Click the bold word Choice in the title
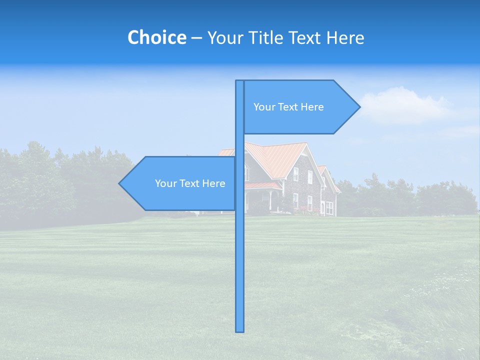[156, 37]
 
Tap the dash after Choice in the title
[196, 38]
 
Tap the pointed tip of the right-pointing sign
[358, 106]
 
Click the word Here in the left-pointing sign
[214, 183]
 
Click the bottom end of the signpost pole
[240, 330]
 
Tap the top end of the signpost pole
[240, 81]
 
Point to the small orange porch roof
[262, 185]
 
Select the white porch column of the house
[270, 199]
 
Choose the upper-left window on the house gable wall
[296, 174]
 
